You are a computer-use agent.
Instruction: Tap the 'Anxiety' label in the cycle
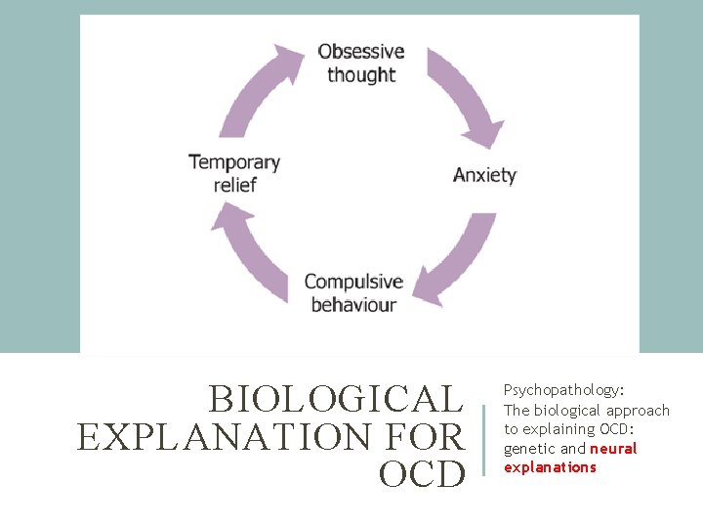pos(484,176)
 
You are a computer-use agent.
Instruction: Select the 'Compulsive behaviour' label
pos(353,293)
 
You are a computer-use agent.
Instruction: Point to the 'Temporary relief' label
pos(234,173)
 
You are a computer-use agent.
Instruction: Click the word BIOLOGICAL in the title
pos(335,400)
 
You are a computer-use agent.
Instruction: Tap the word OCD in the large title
pos(423,474)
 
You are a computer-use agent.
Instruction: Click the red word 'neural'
pos(613,449)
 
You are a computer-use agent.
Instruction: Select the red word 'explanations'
pos(550,467)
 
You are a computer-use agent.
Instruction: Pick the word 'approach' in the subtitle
pos(639,411)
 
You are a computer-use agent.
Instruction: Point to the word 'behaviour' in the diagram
pos(353,305)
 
